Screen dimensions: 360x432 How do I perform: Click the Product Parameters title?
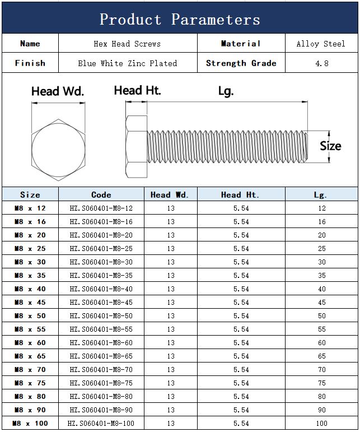(180, 19)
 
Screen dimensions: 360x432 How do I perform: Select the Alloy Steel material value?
(321, 44)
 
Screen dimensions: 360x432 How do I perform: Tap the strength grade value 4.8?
(322, 63)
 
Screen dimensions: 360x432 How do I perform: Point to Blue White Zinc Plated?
(128, 63)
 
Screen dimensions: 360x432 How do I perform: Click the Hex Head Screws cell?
(127, 44)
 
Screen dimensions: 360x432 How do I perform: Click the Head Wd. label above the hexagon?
(58, 91)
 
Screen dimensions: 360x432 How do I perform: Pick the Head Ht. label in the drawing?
(137, 90)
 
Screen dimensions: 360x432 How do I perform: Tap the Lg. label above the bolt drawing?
(226, 91)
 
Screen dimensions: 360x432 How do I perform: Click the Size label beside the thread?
(330, 146)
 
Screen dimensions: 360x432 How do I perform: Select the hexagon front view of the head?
(58, 150)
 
